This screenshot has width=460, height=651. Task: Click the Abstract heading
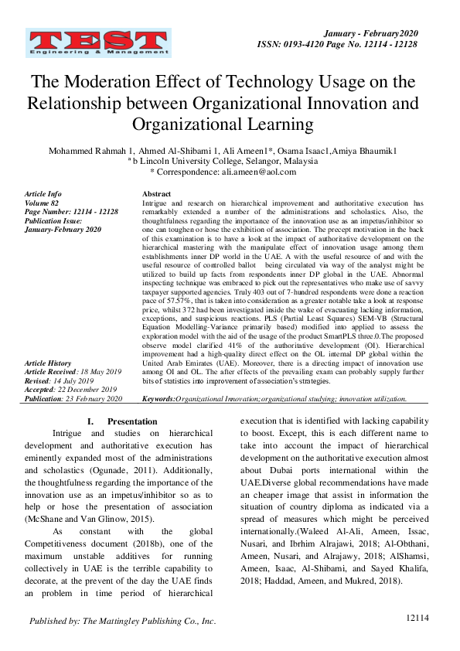[157, 194]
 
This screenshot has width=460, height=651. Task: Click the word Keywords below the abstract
[158, 399]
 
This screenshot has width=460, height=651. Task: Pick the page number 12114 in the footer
[417, 618]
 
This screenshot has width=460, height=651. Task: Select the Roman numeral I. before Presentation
[90, 422]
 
